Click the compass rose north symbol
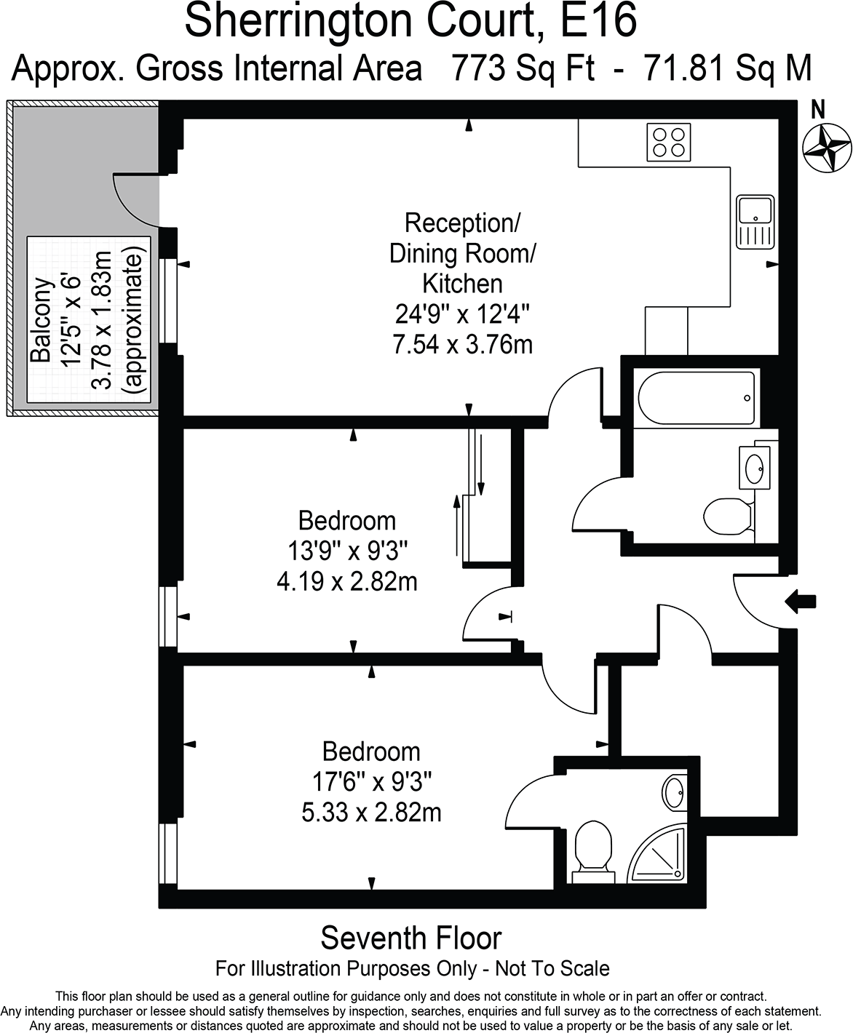(x=826, y=148)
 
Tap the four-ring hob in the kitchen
(x=669, y=142)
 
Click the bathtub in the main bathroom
(x=696, y=398)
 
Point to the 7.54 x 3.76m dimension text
(x=462, y=343)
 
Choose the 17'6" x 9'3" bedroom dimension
(x=372, y=782)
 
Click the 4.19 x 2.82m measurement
(x=347, y=582)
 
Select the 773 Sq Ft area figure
(x=523, y=69)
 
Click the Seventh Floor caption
(x=411, y=938)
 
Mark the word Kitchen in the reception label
(x=462, y=283)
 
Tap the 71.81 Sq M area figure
(x=727, y=69)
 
